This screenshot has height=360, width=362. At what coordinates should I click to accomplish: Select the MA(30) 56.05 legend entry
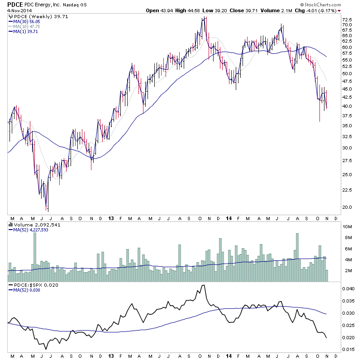point(27,21)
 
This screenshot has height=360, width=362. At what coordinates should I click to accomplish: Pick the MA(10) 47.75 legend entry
point(27,26)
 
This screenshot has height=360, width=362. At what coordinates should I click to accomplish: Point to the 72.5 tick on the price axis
point(348,20)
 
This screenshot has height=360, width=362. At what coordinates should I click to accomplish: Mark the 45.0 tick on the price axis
point(348,89)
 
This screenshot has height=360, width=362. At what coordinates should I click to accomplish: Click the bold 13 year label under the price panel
point(111,217)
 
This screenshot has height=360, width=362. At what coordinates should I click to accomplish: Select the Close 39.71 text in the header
point(250,10)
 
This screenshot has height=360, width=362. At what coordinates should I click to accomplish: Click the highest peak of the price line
point(205,18)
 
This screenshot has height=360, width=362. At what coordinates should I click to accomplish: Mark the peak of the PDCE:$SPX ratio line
point(204,285)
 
